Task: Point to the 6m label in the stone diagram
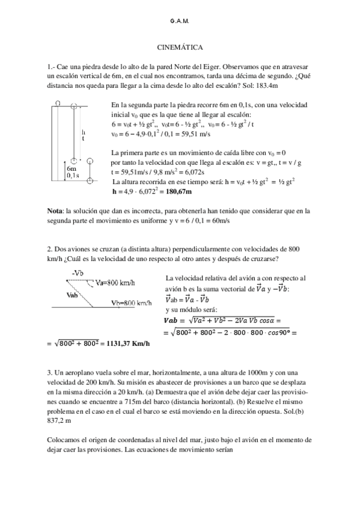70,170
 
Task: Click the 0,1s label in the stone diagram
72,176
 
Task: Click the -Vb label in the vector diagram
77,274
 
